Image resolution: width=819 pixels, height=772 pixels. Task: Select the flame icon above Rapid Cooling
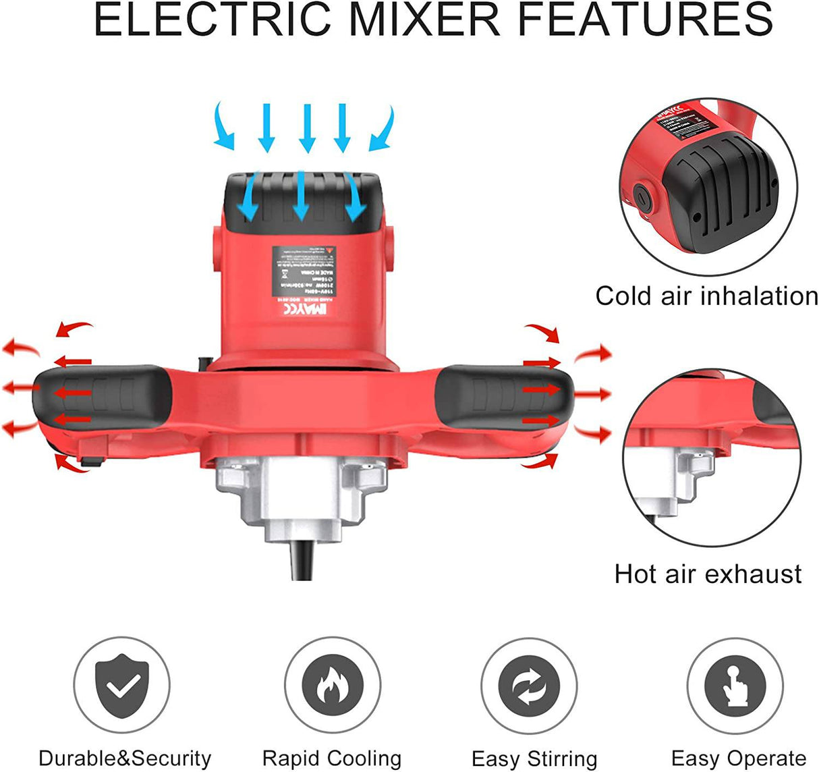point(331,684)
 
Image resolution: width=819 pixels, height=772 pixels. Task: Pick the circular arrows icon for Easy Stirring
point(529,684)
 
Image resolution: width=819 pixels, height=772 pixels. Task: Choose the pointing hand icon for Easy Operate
point(735,684)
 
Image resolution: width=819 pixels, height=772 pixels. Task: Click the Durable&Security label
point(125,758)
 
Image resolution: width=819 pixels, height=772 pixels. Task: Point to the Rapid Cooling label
point(331,758)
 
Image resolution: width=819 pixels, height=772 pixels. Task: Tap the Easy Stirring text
point(534,759)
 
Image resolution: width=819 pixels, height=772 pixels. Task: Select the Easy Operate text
point(739,758)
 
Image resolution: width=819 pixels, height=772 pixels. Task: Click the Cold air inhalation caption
point(706,296)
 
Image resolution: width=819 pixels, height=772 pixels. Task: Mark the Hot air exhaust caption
point(708,574)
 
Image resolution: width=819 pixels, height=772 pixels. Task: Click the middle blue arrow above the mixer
point(308,128)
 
